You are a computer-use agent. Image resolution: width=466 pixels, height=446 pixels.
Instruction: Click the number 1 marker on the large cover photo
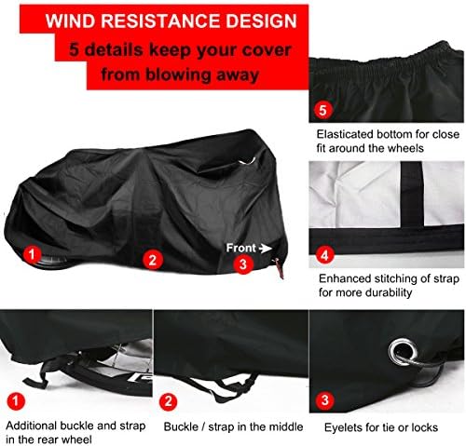click(31, 254)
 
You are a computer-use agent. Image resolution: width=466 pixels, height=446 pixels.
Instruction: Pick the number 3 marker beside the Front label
click(240, 264)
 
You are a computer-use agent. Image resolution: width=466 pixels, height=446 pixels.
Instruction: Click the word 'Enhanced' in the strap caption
click(343, 277)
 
